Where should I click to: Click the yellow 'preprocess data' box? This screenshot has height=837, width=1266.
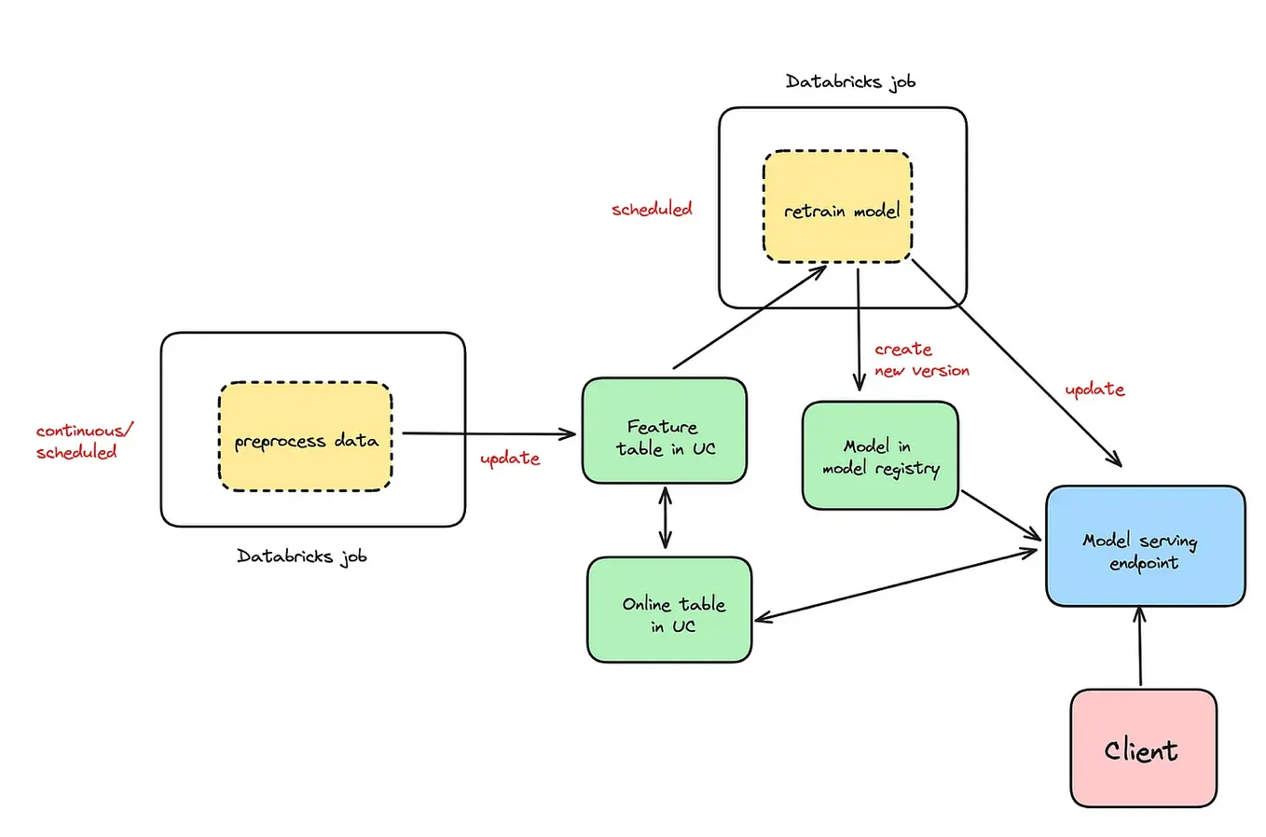point(305,437)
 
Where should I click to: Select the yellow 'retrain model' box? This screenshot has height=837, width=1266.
point(837,207)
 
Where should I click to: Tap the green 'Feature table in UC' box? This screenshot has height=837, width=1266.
point(664,431)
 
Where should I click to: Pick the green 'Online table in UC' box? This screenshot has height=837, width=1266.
point(668,611)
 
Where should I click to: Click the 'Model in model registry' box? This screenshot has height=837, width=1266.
point(879,456)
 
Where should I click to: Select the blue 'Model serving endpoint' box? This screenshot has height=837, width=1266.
point(1144,546)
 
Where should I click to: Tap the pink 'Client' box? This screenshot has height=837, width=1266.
point(1142,748)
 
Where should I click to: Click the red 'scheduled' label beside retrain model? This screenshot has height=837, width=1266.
point(652,209)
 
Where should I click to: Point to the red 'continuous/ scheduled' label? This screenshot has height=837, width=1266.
point(83,441)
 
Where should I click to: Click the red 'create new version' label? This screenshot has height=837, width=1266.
point(920,360)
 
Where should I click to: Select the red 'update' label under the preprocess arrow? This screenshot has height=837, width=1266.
point(509,459)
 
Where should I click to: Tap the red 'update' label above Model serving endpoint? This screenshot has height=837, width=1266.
point(1094,389)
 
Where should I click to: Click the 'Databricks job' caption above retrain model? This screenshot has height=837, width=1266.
point(849,82)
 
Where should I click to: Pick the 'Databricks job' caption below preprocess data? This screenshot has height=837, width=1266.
point(301,556)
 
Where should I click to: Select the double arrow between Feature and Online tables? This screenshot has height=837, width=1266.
point(665,518)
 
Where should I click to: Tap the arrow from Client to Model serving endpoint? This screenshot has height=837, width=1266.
point(1139,647)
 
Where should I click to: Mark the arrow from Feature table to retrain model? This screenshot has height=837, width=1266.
point(749,317)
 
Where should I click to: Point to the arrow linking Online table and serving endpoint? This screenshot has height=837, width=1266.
point(895,584)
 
